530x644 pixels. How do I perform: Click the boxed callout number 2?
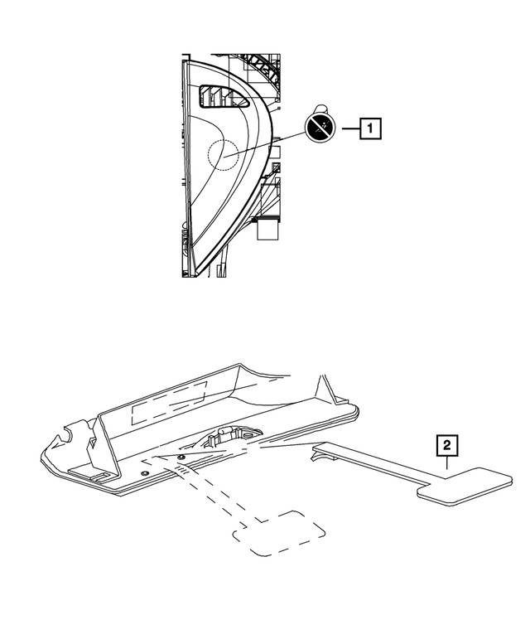pos(447,446)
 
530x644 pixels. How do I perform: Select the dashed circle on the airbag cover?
pos(221,154)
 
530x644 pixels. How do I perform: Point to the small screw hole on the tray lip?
pos(146,472)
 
